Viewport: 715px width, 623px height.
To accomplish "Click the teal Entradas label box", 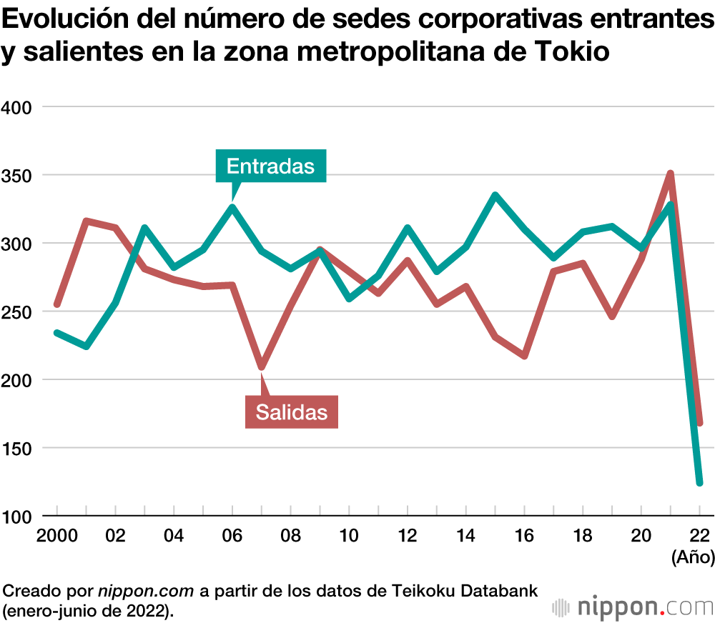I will pos(270,166).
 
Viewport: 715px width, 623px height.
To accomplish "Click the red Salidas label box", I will pos(291,412).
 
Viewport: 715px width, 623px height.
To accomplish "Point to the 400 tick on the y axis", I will pos(18,107).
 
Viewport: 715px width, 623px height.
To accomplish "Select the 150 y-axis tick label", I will pos(18,449).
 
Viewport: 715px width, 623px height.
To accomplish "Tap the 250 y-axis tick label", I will pos(18,312).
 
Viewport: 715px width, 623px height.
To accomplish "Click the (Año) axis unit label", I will pos(692,557).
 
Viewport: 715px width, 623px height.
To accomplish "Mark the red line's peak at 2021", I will pos(670,174).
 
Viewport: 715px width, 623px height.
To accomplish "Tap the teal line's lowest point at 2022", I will pos(699,483).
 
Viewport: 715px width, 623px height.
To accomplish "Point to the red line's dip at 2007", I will pos(261,367).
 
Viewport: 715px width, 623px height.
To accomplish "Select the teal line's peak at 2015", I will pos(495,195).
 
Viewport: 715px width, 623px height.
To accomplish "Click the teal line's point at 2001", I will pos(86,347).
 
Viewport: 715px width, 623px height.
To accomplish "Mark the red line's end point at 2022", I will pos(699,423).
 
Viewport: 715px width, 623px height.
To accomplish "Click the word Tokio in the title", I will pos(571,52).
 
